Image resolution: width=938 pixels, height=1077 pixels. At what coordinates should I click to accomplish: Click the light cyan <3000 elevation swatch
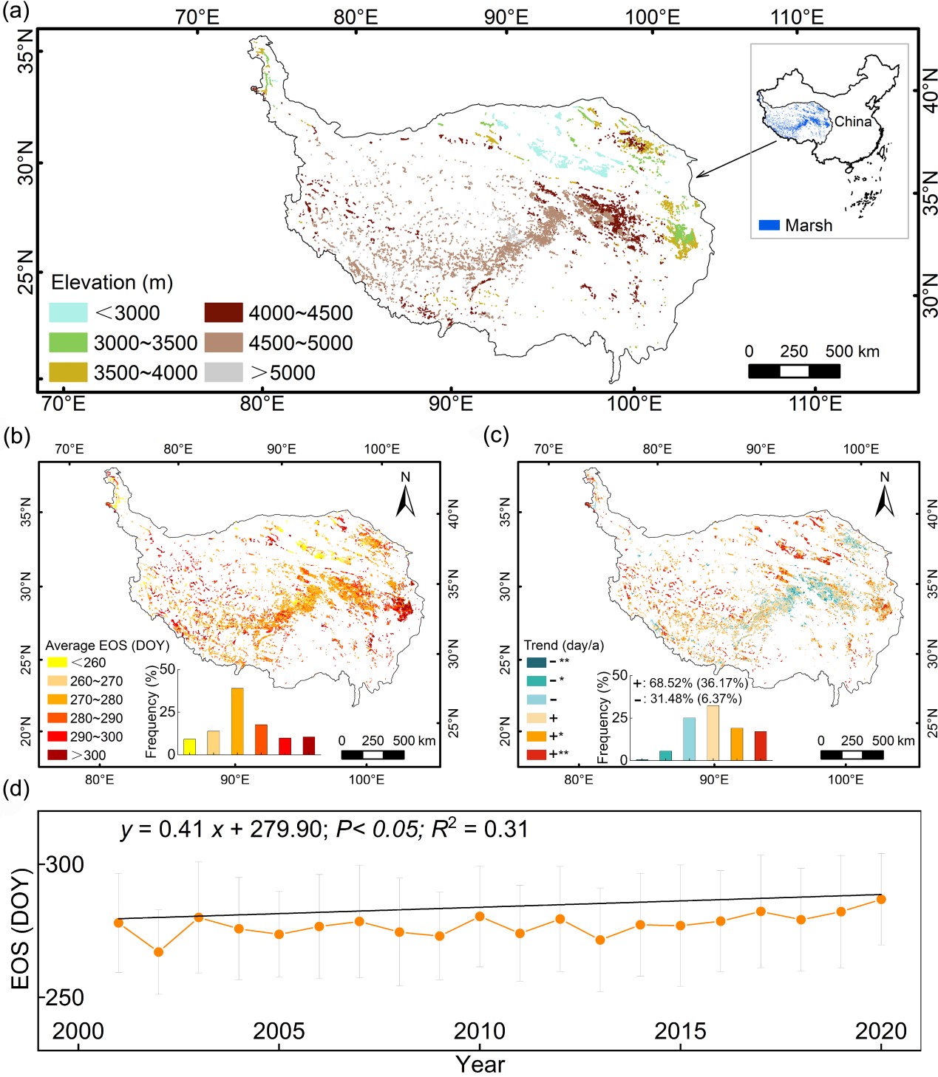pyautogui.click(x=68, y=312)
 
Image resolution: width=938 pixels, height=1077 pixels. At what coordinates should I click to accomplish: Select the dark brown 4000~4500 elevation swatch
pyautogui.click(x=223, y=312)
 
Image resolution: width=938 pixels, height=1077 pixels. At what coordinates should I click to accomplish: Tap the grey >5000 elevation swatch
pyautogui.click(x=223, y=372)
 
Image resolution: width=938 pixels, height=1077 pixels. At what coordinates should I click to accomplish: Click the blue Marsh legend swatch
pyautogui.click(x=769, y=225)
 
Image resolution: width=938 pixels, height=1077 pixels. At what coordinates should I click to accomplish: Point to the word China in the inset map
pyautogui.click(x=853, y=122)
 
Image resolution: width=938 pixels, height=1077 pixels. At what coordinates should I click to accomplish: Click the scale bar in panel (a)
pyautogui.click(x=794, y=371)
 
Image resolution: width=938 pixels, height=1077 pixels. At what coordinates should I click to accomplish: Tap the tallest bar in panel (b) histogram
pyautogui.click(x=237, y=721)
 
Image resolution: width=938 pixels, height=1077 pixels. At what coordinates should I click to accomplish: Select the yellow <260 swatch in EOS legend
pyautogui.click(x=57, y=663)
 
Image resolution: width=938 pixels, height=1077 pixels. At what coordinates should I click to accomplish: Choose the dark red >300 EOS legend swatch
pyautogui.click(x=57, y=755)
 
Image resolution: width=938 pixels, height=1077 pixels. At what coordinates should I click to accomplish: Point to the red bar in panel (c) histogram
pyautogui.click(x=761, y=745)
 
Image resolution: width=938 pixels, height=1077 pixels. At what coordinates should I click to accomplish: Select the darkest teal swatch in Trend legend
pyautogui.click(x=536, y=663)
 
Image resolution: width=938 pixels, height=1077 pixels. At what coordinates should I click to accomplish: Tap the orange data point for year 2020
pyautogui.click(x=880, y=899)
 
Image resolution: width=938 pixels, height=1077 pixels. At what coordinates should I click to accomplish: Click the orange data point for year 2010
pyautogui.click(x=479, y=917)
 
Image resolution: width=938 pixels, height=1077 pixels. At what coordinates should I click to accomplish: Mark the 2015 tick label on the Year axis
pyautogui.click(x=680, y=1031)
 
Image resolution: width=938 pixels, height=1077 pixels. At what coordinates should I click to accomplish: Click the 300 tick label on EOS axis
pyautogui.click(x=65, y=864)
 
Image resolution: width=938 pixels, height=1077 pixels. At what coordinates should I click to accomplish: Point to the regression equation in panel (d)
pyautogui.click(x=324, y=830)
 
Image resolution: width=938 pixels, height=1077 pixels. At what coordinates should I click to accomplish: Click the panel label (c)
pyautogui.click(x=495, y=436)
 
